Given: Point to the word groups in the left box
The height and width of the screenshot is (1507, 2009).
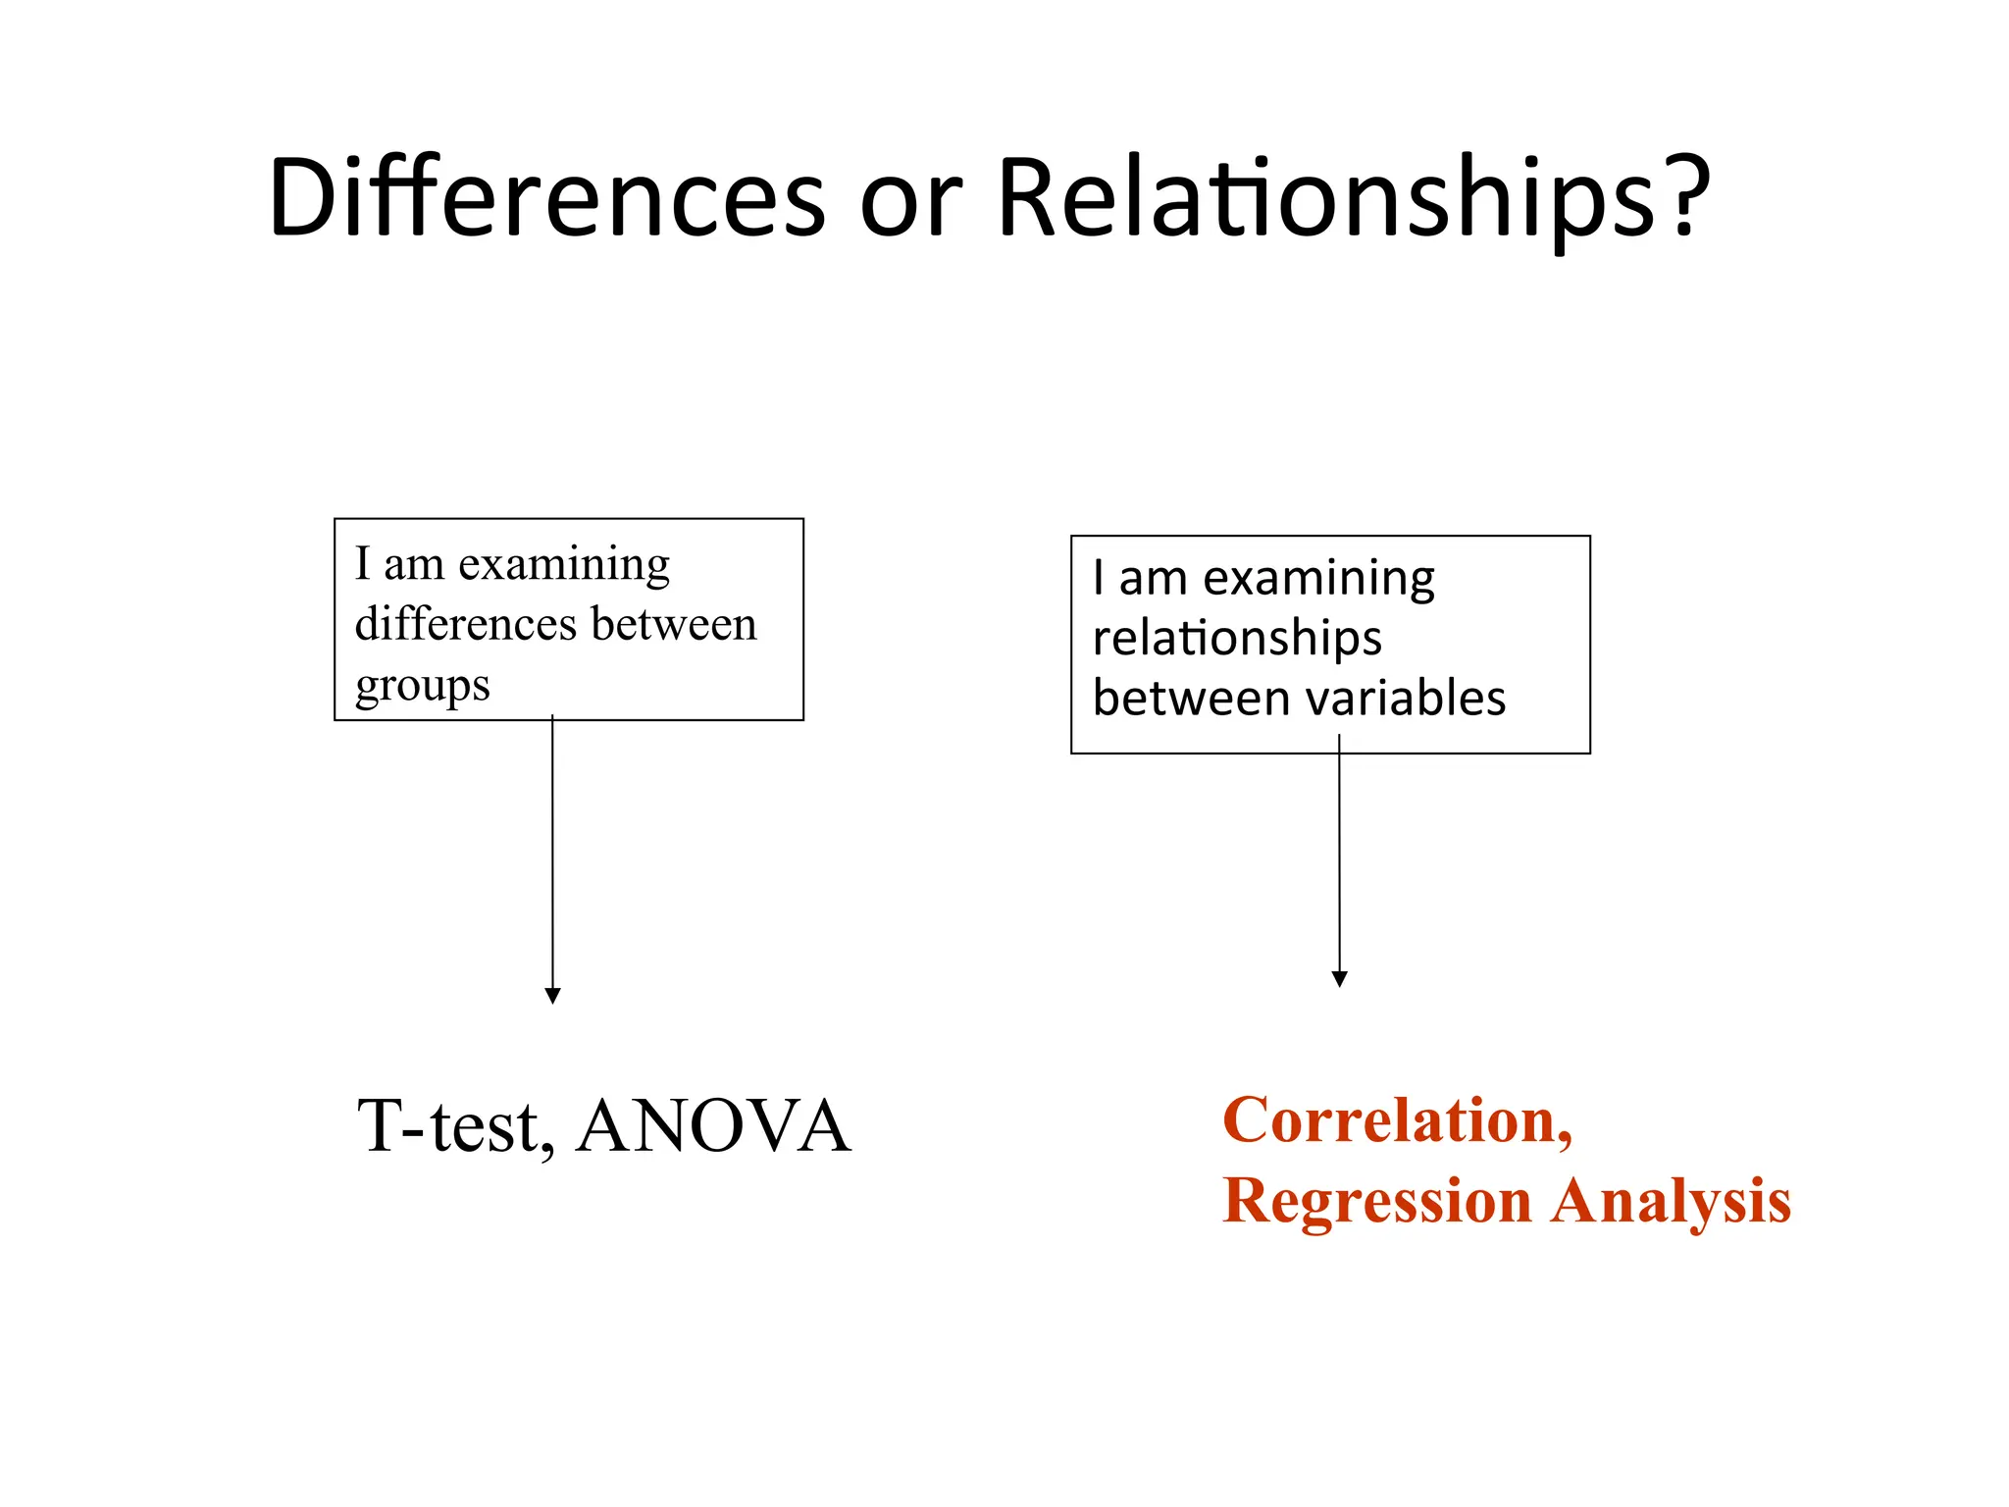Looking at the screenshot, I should pos(422,686).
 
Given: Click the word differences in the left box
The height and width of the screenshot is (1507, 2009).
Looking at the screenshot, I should pos(466,624).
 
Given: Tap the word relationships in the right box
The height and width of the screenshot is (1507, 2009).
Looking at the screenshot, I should pos(1236,639).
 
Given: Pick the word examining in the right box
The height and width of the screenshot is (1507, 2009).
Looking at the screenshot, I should pos(1318,579).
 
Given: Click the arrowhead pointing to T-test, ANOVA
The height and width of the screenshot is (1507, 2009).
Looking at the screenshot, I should pos(552,995).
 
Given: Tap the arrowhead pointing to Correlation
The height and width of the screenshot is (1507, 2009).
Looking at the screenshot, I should pos(1339,978).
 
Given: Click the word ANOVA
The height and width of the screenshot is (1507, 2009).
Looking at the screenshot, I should pos(713,1126).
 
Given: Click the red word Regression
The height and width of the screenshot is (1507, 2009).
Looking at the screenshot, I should pos(1376,1201).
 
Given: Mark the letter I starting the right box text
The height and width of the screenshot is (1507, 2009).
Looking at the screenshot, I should pos(1099,578).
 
